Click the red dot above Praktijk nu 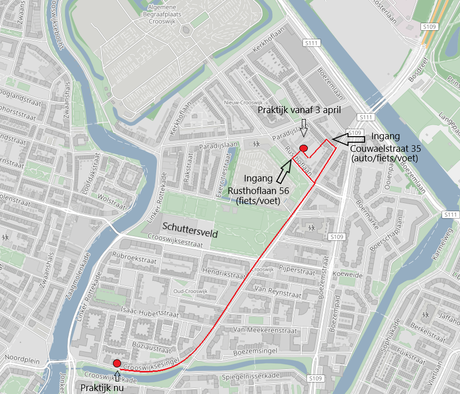point(117,363)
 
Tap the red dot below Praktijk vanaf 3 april point(303,148)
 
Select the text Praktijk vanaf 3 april point(299,110)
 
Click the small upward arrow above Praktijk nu point(118,375)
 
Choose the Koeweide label point(351,275)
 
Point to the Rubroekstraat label point(135,261)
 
